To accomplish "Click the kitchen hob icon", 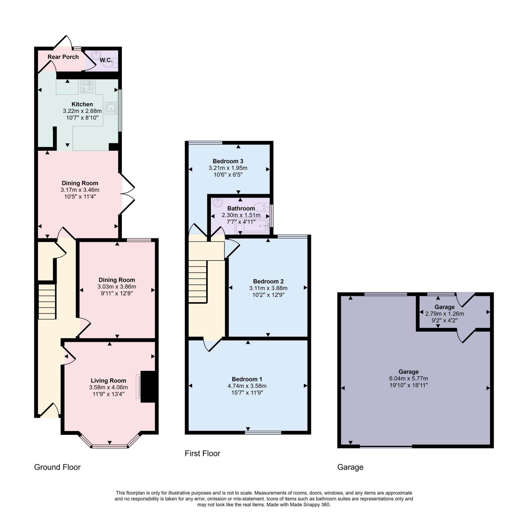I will point(87,87).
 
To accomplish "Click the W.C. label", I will point(105,60).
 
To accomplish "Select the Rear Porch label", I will point(63,57).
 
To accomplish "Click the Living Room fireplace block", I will point(148,387).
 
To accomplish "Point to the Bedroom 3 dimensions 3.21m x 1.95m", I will point(228,168).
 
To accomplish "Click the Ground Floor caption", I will point(57,467).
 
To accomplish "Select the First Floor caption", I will point(202,453).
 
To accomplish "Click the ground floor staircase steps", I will point(47,302).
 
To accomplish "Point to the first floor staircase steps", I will point(197,281).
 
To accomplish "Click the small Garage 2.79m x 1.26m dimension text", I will point(444,314).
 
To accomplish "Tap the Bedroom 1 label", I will point(247,379).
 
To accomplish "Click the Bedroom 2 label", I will point(268,281).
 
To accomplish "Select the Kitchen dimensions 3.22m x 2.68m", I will point(82,111).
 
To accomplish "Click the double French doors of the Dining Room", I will point(128,194).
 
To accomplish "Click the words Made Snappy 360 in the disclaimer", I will point(310,505).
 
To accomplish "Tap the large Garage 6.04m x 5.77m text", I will point(408,379).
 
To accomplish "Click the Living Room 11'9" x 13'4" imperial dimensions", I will point(108,394).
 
